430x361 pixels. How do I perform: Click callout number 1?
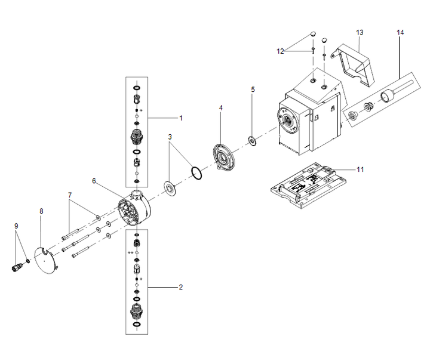180,118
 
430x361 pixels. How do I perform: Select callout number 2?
180,287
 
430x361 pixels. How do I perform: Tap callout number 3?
170,137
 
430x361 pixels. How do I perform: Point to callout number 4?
220,108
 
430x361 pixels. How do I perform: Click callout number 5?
253,89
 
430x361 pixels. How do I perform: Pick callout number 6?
94,180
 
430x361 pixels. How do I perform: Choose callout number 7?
70,195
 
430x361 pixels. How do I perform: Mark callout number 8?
41,211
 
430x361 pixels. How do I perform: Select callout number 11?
360,169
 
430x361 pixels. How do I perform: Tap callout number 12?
281,51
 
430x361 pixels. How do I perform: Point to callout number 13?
360,31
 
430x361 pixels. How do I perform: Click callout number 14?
400,31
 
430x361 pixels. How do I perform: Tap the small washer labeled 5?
253,141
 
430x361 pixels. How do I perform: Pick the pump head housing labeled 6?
136,209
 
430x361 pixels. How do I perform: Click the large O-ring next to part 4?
196,173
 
